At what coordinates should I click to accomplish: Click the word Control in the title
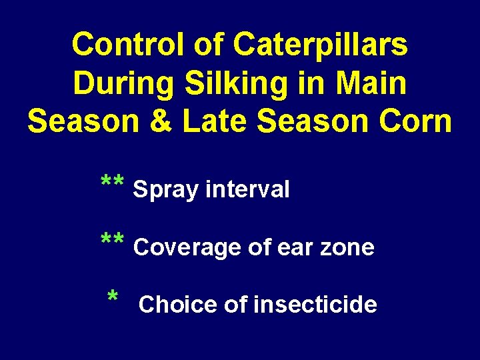[129, 45]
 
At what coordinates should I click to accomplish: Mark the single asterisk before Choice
[113, 297]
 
